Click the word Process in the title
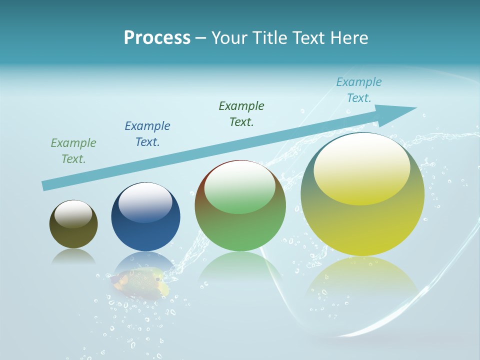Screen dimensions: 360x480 (157, 38)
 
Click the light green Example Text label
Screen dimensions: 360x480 (73, 151)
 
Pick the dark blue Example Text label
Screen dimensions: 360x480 (147, 134)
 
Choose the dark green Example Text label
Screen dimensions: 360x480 (241, 114)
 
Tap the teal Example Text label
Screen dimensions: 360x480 (359, 90)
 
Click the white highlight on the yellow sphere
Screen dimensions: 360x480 (361, 167)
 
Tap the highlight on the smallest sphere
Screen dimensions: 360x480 (73, 214)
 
